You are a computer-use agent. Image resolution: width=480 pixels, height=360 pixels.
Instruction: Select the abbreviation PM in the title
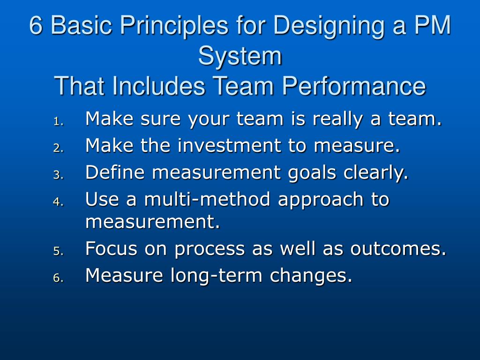tap(431, 26)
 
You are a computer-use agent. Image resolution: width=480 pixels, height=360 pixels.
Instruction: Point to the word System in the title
tap(240, 56)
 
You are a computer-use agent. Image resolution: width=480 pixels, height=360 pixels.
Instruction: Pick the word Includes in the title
tap(157, 87)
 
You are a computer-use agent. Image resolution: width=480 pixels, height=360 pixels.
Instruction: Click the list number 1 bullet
tap(57, 122)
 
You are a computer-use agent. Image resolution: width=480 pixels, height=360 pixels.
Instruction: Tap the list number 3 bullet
tap(57, 175)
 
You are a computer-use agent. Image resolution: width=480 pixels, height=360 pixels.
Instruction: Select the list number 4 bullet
tap(57, 202)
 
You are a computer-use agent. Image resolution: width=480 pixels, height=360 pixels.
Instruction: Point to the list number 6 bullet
tap(57, 278)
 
